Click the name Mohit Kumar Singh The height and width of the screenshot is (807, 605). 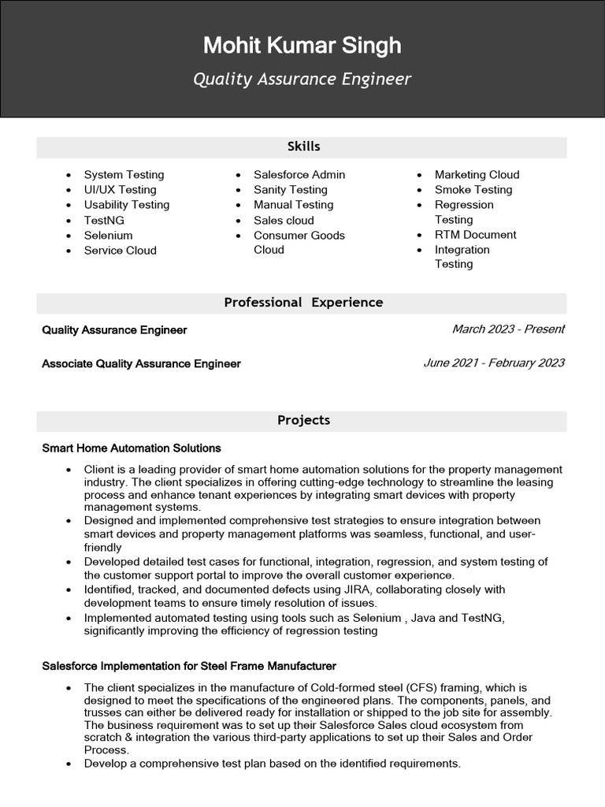[302, 46]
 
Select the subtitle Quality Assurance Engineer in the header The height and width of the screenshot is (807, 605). [302, 80]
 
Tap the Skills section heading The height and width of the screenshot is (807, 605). [303, 147]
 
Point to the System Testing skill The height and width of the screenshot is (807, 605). [124, 175]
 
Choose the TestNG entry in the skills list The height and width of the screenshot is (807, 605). [104, 221]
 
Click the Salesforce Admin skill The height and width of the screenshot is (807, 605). [299, 175]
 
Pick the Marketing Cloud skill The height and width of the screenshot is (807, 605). [477, 175]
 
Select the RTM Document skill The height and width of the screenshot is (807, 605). [475, 235]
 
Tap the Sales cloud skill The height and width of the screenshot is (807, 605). [284, 221]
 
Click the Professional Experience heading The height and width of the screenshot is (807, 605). [303, 303]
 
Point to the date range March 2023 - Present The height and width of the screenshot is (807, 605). [508, 329]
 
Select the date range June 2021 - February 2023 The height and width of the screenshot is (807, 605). [494, 363]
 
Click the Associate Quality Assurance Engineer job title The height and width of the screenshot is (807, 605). [141, 364]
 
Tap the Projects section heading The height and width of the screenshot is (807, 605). [303, 421]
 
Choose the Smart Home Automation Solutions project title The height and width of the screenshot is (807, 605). [131, 448]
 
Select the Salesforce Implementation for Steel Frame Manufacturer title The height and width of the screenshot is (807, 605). [189, 667]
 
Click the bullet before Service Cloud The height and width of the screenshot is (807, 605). [69, 251]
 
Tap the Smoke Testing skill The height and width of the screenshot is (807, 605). [473, 190]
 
